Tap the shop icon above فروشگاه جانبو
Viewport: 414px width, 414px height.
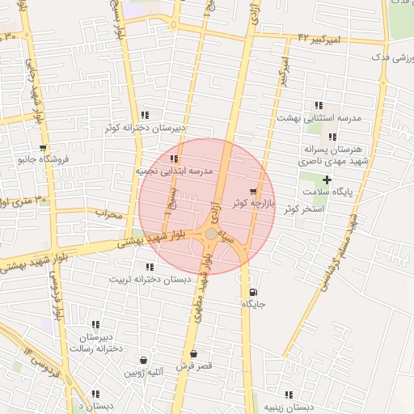tap(42, 148)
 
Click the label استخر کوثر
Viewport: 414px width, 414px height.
tap(303, 209)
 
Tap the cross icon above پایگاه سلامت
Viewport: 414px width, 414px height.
tap(327, 180)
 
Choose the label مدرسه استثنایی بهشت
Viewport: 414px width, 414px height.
tap(319, 118)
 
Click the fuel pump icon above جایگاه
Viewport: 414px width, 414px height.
tap(255, 292)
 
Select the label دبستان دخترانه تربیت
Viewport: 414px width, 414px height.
tap(154, 279)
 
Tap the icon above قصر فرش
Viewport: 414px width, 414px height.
tap(193, 354)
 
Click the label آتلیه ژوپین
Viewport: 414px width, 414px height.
tap(145, 373)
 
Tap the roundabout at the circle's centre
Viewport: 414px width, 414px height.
tap(210, 234)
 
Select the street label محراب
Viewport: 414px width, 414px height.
tap(108, 215)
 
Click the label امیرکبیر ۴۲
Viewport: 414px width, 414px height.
tap(319, 39)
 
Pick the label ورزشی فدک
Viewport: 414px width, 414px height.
tap(391, 59)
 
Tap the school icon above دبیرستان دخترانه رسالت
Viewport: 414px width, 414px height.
tap(95, 324)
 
